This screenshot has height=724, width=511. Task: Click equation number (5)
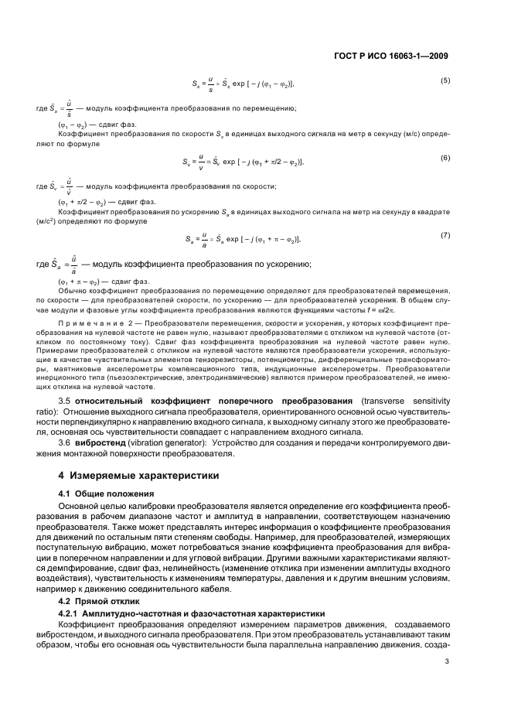coord(445,80)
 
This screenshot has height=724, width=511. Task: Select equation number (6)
coord(445,158)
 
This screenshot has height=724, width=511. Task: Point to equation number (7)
coord(445,235)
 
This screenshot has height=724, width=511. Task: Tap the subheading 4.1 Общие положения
coord(103,493)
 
